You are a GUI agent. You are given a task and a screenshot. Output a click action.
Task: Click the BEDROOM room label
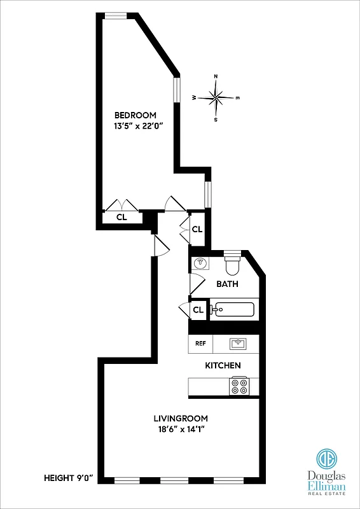coord(135,115)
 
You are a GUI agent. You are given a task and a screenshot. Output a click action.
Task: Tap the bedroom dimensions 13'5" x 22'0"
coord(135,126)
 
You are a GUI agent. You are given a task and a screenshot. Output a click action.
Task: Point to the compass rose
coord(216,97)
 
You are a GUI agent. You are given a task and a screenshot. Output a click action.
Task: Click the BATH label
coord(227,284)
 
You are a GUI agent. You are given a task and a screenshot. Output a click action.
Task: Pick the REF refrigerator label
coord(200,344)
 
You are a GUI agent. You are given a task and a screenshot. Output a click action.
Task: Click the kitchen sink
coord(239,344)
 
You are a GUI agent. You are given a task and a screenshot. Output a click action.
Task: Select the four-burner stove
coord(239,386)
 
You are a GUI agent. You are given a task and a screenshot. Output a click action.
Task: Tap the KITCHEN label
coord(223,365)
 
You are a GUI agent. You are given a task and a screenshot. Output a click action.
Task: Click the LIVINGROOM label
coord(181,418)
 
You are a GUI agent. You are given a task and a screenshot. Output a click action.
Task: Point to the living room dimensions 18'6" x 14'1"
coord(181,429)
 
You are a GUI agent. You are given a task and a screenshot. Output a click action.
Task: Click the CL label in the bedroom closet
coord(121,217)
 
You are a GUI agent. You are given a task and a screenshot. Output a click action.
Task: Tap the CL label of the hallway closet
coord(197,229)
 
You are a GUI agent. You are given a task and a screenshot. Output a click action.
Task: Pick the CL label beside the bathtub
coord(198,310)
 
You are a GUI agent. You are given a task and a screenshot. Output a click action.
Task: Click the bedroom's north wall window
coord(115,17)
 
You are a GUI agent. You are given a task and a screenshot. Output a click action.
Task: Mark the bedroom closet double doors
coord(121,206)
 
